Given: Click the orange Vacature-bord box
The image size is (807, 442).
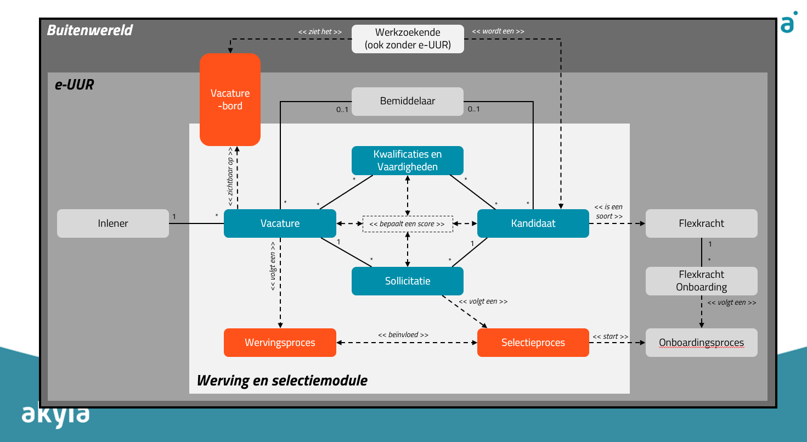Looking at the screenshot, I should click(230, 99).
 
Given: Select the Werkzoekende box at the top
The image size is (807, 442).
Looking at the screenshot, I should click(408, 39).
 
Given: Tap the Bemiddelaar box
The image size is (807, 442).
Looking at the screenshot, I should click(408, 102).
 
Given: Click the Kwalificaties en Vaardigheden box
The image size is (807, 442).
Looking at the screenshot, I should click(408, 160).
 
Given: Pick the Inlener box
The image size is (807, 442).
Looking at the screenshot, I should click(113, 223).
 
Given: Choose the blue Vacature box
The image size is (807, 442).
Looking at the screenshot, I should click(280, 223).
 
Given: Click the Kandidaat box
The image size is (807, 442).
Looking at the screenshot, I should click(533, 223).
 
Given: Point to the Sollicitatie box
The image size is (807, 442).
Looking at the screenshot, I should click(408, 281).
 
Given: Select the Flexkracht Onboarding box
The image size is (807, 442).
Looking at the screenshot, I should click(701, 281).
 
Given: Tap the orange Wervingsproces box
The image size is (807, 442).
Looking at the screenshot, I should click(280, 343).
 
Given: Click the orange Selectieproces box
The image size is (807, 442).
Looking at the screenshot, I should click(533, 343).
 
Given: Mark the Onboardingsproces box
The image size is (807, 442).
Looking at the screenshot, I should click(701, 343).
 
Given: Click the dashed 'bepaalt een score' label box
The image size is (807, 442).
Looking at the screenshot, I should click(408, 224).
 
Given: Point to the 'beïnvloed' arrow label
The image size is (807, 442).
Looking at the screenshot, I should click(403, 334).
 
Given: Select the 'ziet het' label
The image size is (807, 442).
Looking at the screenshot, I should click(320, 32).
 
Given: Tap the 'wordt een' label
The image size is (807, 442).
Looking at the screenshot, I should click(498, 31).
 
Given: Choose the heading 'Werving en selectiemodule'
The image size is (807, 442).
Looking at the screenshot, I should click(282, 380).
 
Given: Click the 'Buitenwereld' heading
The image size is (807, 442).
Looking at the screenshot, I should click(90, 30).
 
